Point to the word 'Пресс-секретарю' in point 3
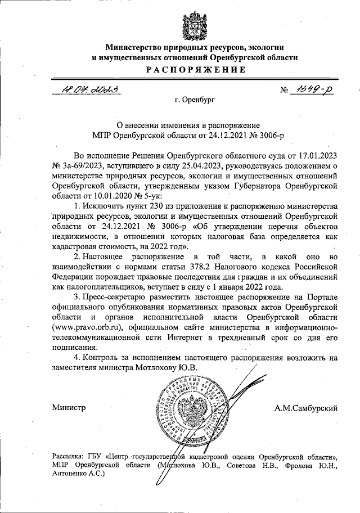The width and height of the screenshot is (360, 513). tap(115, 298)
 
